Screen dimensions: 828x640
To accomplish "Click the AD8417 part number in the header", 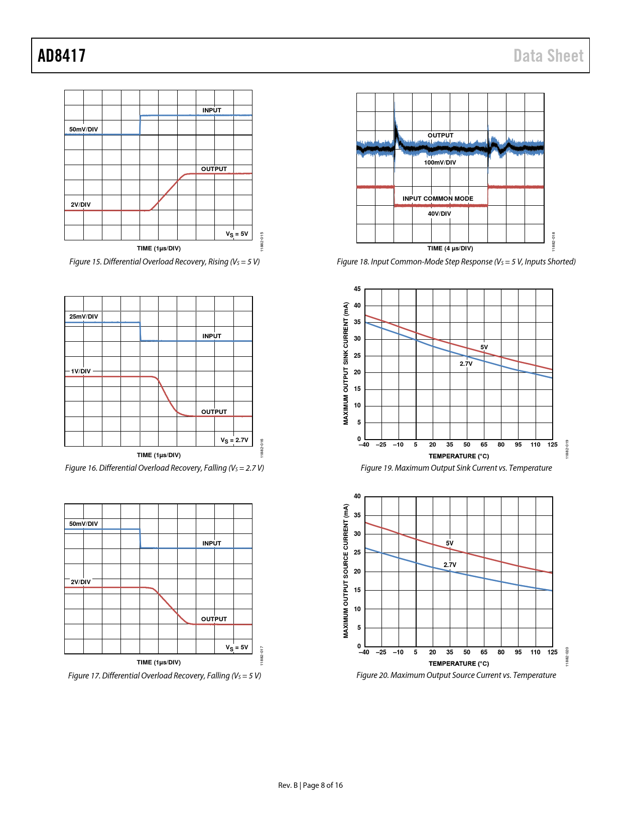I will [62, 56].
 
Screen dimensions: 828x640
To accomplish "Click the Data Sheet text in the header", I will [548, 56].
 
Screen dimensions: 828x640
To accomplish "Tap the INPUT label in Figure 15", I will [212, 110].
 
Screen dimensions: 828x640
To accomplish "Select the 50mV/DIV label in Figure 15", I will [84, 129].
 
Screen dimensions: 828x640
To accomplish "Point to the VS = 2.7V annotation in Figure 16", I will [234, 440].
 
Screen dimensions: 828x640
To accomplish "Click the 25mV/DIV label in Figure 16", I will [84, 317].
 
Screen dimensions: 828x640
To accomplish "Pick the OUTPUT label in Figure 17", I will [214, 619].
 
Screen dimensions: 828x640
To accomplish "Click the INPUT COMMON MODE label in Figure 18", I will [438, 199].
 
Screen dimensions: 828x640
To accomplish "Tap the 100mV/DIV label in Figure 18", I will [440, 163].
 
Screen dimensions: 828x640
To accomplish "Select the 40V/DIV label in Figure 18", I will [439, 214].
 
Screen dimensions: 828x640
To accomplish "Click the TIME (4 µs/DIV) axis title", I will [450, 248].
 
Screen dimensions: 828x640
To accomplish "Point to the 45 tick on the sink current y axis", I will [357, 289].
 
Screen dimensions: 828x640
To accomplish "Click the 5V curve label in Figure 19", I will [484, 347].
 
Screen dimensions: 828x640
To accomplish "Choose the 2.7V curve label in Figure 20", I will [450, 565].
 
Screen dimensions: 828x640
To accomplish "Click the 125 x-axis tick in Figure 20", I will [552, 652].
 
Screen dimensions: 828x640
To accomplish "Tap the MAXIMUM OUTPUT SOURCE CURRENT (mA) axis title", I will [346, 571].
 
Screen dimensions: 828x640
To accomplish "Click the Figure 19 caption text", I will [456, 468].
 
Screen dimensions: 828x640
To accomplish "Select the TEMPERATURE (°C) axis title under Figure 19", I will [458, 456].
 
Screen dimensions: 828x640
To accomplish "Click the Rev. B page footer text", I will [310, 785].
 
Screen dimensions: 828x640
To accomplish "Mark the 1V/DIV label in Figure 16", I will [81, 371].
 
